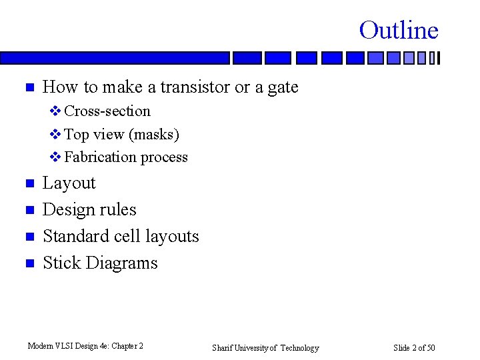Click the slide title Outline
tap(399, 30)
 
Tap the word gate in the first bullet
tap(283, 87)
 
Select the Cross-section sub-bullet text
tap(107, 111)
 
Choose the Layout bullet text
tap(69, 183)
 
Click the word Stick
tap(61, 263)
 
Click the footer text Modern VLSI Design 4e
tap(85, 346)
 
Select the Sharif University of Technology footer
tap(265, 347)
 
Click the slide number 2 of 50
tap(414, 347)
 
